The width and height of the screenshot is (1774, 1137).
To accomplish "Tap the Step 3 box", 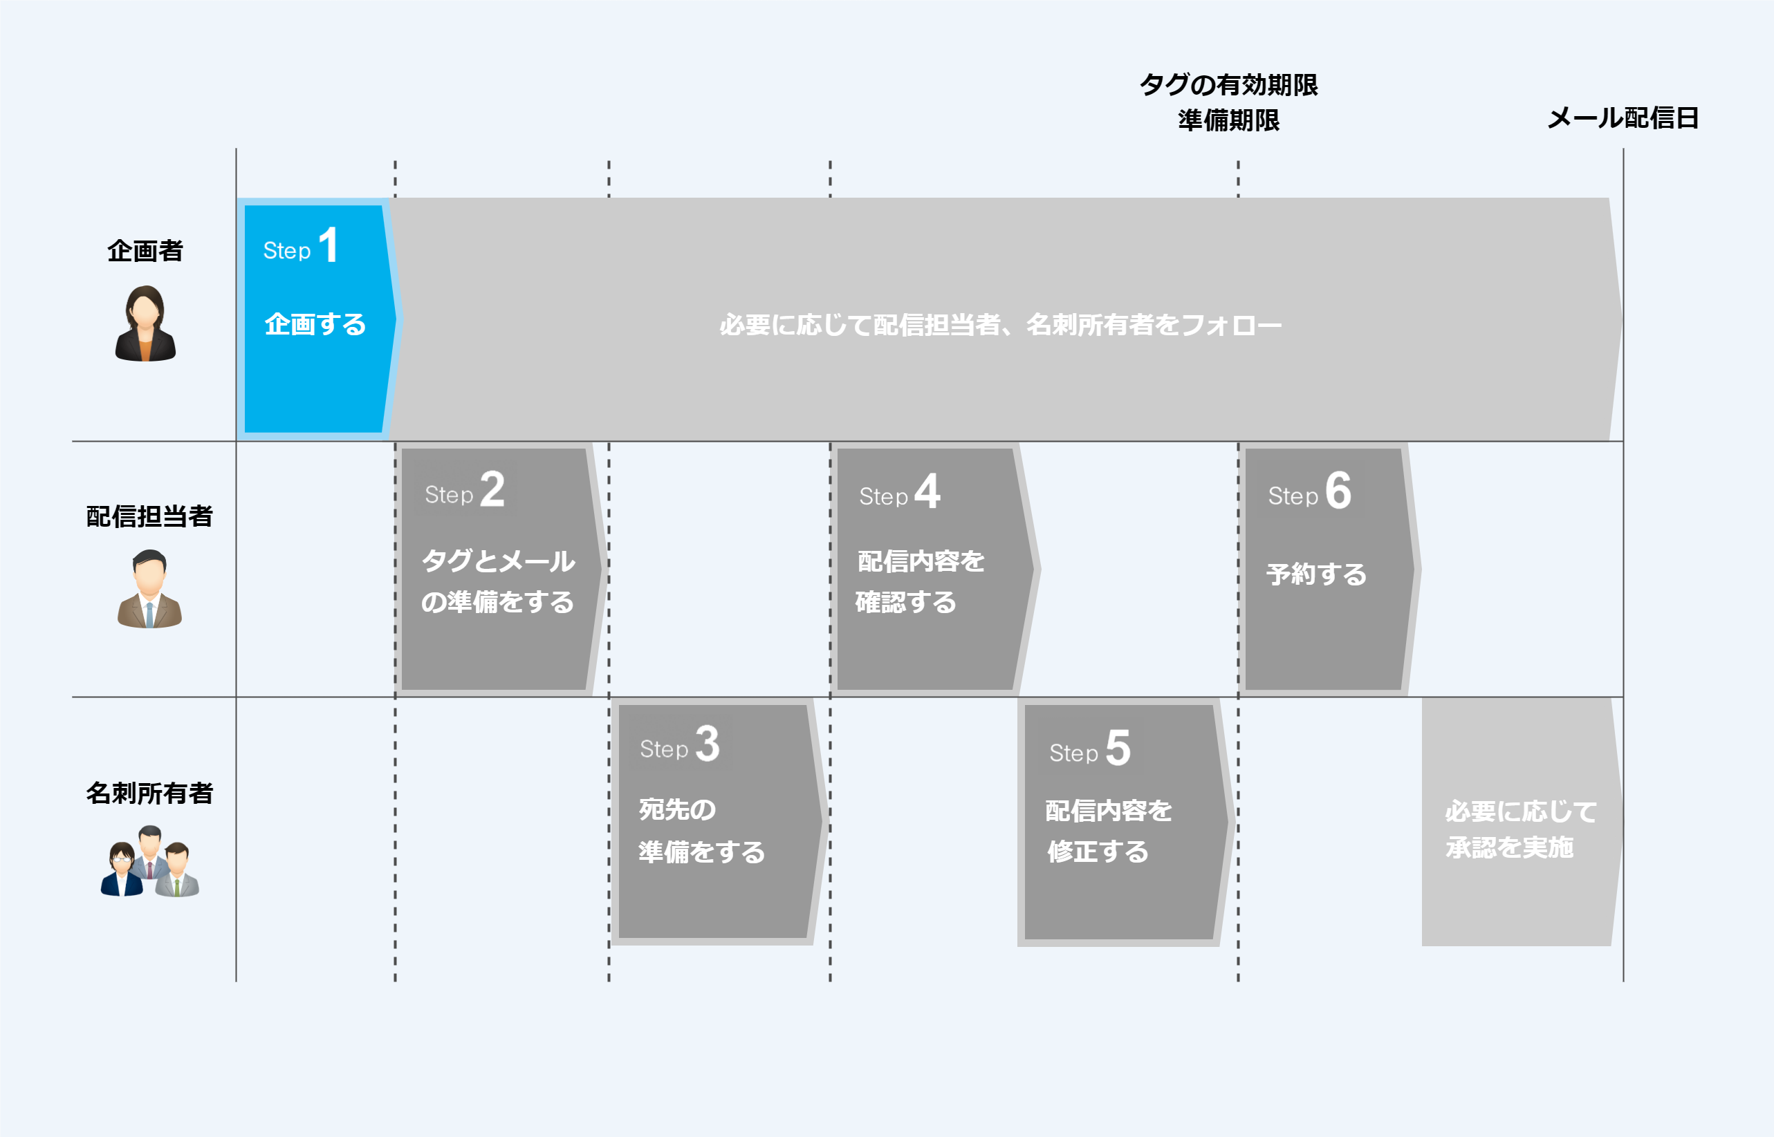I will pyautogui.click(x=717, y=821).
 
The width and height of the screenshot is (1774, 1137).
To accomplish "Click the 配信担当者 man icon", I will pyautogui.click(x=149, y=589).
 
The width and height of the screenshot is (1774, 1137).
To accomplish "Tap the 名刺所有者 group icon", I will pyautogui.click(x=150, y=862).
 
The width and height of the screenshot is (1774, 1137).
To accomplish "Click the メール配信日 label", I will pyautogui.click(x=1623, y=118).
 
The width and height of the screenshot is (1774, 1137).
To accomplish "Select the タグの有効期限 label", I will pyautogui.click(x=1228, y=85).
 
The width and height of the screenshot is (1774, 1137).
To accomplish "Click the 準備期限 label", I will pyautogui.click(x=1228, y=120).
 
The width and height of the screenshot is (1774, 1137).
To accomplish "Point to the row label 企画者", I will pyautogui.click(x=145, y=251).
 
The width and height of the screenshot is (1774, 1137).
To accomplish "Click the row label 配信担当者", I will pyautogui.click(x=149, y=516).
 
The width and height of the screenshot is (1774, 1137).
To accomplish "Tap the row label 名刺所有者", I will pyautogui.click(x=149, y=793).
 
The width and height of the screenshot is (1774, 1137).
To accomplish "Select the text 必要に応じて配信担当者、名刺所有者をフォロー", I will pyautogui.click(x=1000, y=325).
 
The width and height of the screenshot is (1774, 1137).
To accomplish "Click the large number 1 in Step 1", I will pyautogui.click(x=329, y=245).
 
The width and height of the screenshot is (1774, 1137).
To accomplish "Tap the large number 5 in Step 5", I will pyautogui.click(x=1118, y=748).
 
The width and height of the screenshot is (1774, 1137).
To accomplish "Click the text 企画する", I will pyautogui.click(x=315, y=324).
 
